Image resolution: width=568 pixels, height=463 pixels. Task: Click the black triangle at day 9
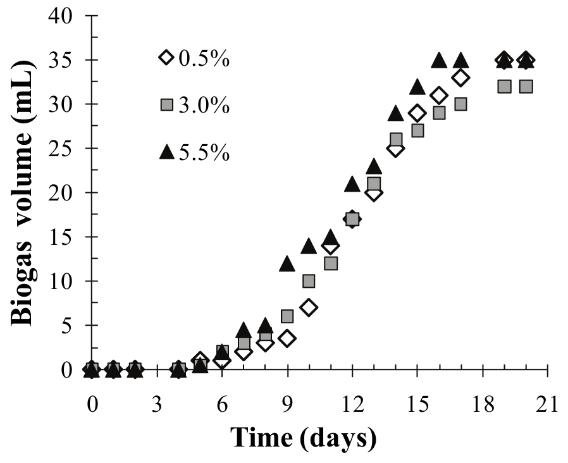click(x=287, y=264)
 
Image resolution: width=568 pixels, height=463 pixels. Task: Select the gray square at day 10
click(x=309, y=281)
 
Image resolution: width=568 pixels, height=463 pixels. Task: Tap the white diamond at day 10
click(x=309, y=308)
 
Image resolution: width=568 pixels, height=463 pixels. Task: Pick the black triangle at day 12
click(x=352, y=184)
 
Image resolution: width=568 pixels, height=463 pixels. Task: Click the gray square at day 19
click(x=504, y=86)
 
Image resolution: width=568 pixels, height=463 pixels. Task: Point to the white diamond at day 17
click(x=460, y=78)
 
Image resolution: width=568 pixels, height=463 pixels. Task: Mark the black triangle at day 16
click(x=439, y=60)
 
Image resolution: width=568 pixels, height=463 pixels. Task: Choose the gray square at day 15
click(x=417, y=130)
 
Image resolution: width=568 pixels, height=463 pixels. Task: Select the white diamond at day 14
click(x=395, y=149)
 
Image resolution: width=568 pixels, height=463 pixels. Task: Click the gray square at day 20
click(x=526, y=86)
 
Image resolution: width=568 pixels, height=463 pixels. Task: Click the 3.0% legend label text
click(x=204, y=106)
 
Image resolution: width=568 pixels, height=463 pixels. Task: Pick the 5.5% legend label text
click(x=204, y=153)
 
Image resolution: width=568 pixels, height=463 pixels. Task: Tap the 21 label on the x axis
click(x=547, y=404)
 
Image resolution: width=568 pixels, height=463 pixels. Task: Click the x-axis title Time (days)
click(x=304, y=437)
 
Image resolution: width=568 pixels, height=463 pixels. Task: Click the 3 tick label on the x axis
click(x=157, y=404)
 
